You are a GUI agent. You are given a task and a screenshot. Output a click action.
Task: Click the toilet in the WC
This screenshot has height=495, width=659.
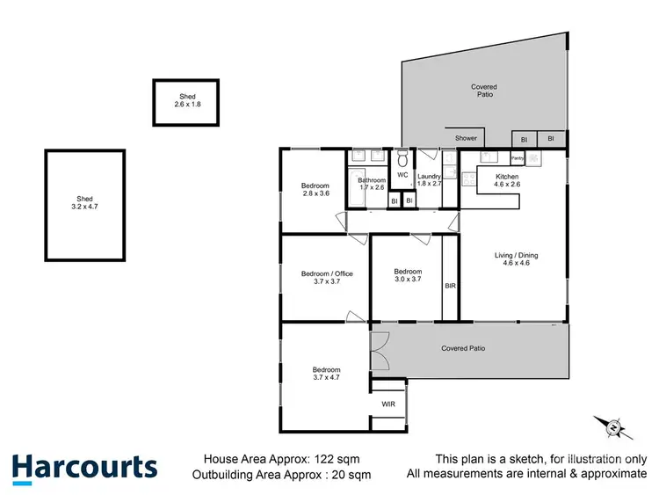pyautogui.click(x=402, y=159)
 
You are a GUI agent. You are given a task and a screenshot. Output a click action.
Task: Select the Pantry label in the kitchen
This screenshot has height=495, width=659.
pyautogui.click(x=518, y=158)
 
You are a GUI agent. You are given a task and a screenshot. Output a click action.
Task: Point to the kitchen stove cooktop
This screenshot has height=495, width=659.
pyautogui.click(x=533, y=157)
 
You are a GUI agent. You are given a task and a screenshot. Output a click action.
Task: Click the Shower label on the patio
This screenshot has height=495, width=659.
pyautogui.click(x=466, y=138)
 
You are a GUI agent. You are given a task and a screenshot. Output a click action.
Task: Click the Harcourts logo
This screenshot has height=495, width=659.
pyautogui.click(x=84, y=468)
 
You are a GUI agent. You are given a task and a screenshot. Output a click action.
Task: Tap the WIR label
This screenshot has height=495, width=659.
pyautogui.click(x=387, y=404)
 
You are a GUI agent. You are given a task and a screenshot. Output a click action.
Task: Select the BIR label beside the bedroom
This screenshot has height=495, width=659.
pyautogui.click(x=450, y=286)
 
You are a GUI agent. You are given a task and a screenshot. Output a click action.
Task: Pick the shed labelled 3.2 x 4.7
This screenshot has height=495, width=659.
pyautogui.click(x=84, y=204)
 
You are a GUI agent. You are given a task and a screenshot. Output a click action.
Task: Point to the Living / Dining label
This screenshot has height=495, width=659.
pyautogui.click(x=520, y=259)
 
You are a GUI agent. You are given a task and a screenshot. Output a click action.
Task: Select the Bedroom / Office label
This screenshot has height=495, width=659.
pyautogui.click(x=327, y=278)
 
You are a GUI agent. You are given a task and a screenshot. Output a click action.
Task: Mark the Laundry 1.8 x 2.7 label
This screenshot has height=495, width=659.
pyautogui.click(x=430, y=181)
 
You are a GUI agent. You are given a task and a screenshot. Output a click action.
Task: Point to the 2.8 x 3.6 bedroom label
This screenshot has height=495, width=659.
pyautogui.click(x=315, y=190)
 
